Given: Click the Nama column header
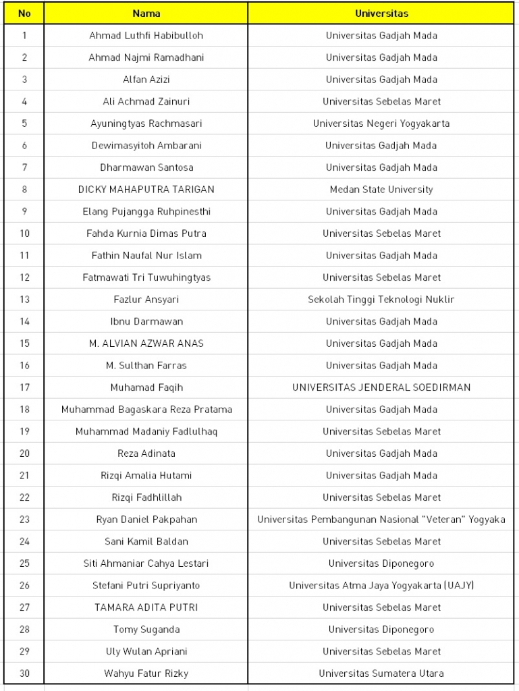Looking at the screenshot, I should click(146, 13).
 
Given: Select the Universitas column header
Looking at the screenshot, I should click(381, 13).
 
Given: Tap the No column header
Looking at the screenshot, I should click(24, 13).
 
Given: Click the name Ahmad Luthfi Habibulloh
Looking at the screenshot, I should click(146, 36).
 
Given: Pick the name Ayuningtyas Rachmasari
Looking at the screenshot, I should click(146, 123).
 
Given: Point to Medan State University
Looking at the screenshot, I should click(381, 190).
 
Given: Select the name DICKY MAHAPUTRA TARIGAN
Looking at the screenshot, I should click(146, 190).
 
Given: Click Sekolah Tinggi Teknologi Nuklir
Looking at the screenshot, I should click(381, 300).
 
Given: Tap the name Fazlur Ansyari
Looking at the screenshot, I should click(146, 300).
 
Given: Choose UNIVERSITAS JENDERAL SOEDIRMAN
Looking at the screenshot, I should click(381, 387).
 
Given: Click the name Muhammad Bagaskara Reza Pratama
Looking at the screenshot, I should click(146, 410).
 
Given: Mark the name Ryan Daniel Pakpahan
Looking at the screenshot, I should click(146, 520).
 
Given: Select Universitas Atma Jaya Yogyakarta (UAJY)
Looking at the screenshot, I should click(381, 586).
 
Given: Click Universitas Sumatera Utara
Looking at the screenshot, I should click(381, 673).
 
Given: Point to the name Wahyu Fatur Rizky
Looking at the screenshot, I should click(146, 673).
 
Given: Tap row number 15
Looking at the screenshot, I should click(24, 343).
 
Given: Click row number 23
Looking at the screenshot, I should click(24, 520).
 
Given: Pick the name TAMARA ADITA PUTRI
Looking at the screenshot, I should click(146, 607).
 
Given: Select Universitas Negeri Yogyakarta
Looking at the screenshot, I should click(381, 123).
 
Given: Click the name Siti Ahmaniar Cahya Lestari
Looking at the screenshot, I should click(146, 563).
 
